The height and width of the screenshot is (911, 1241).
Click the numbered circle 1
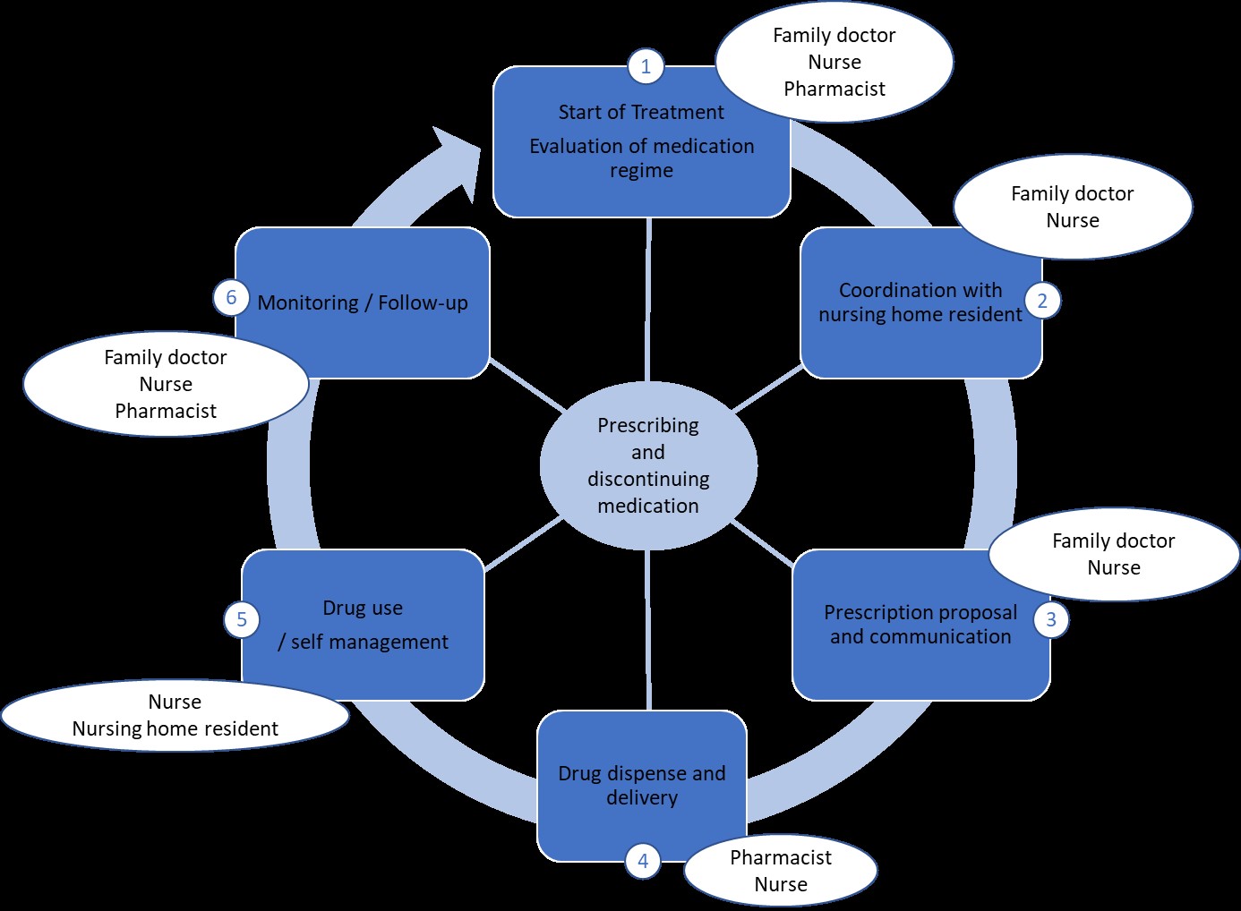tap(646, 66)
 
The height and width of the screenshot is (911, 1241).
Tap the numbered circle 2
tap(1042, 301)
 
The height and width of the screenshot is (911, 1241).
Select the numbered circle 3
tap(1051, 619)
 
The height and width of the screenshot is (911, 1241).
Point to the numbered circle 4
tap(643, 861)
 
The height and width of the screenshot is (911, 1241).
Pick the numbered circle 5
tap(242, 619)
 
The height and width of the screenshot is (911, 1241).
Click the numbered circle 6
tap(231, 297)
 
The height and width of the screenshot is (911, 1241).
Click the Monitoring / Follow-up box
tap(363, 303)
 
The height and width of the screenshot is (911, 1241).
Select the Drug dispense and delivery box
tap(642, 786)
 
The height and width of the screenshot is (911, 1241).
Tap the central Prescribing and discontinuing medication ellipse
tap(648, 465)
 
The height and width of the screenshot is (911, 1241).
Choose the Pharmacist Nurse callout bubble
tap(781, 870)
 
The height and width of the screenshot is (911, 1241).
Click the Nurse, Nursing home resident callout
tap(175, 715)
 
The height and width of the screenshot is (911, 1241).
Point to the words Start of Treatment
tap(641, 113)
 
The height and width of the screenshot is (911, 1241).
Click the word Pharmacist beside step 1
tap(834, 89)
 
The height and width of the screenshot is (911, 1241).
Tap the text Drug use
tap(363, 608)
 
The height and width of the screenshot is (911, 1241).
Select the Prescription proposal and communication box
tap(920, 625)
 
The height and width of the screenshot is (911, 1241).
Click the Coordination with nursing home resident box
tap(920, 303)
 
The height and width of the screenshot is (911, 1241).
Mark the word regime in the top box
tap(642, 171)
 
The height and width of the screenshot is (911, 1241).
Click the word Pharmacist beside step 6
tap(166, 411)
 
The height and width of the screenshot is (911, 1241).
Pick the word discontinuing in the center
tap(648, 479)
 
